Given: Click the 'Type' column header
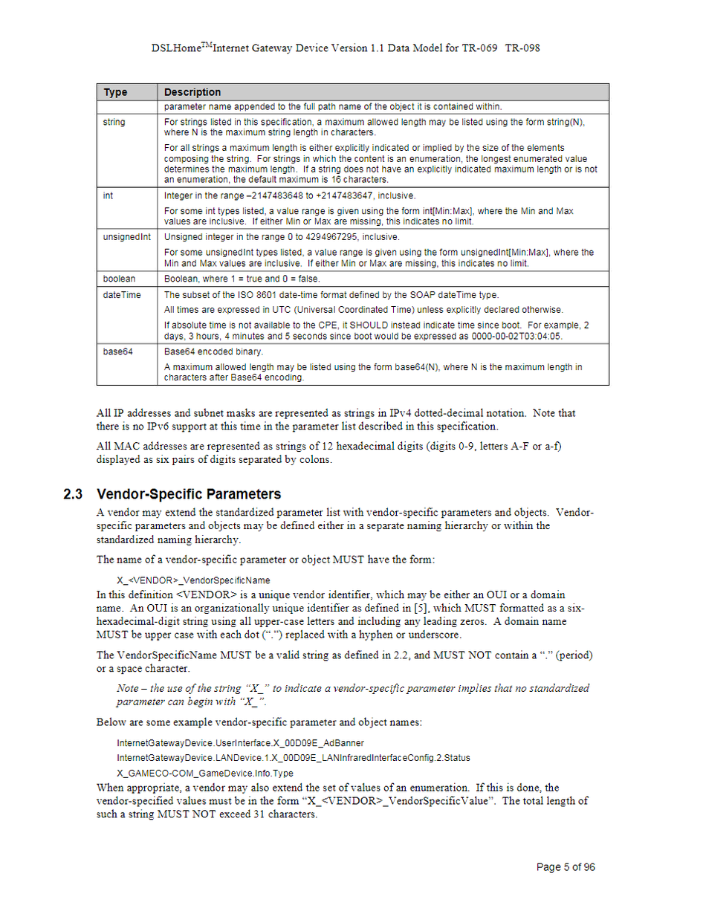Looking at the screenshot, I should click(115, 92).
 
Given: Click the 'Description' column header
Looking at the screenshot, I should click(192, 92).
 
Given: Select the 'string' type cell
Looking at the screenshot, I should click(114, 122).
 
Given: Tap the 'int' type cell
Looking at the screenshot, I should click(108, 196).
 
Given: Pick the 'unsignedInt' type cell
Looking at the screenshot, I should click(126, 237).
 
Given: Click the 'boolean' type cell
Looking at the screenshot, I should click(119, 279).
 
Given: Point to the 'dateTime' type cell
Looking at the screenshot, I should click(121, 295).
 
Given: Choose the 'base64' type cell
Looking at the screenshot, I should click(117, 351).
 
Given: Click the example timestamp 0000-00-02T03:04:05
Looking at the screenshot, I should click(517, 336).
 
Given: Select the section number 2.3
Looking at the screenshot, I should click(73, 494).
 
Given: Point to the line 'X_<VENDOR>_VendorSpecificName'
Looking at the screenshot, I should click(193, 580).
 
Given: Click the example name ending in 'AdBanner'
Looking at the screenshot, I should click(240, 742).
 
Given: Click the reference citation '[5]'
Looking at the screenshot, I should click(439, 609).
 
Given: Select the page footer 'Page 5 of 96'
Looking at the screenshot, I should click(566, 867).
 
